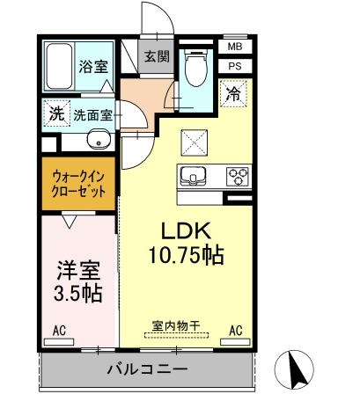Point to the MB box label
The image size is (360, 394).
tap(234, 47)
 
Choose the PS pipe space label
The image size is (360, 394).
tap(234, 65)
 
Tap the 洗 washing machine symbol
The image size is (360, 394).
tap(55, 113)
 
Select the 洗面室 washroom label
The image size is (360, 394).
tap(92, 113)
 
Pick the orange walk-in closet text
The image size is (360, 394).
tap(77, 183)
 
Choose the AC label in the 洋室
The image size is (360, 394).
tap(59, 331)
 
